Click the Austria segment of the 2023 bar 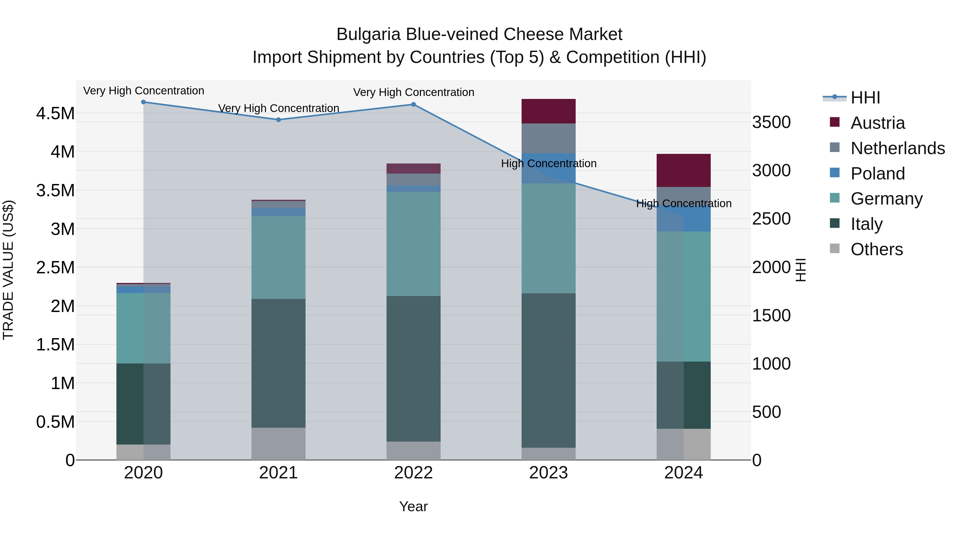tap(548, 111)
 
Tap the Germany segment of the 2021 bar tap(278, 257)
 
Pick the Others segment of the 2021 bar tap(278, 443)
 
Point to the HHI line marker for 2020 tap(144, 102)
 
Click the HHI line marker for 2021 tap(278, 120)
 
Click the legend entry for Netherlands tap(897, 148)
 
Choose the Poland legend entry tap(877, 174)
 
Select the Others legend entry tap(876, 249)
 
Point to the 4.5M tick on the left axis tap(55, 113)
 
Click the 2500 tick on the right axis tap(771, 219)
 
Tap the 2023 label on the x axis tap(548, 473)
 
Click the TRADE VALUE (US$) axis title tap(8, 270)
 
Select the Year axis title tap(413, 506)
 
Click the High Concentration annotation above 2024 tap(684, 203)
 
